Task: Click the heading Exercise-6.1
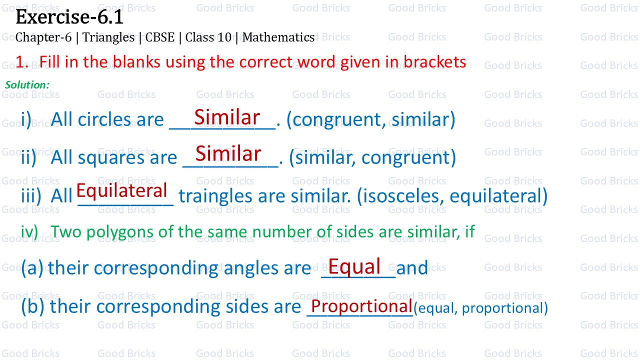point(69,17)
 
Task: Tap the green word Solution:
point(27,85)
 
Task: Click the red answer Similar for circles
point(227,117)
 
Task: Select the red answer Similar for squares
point(228,153)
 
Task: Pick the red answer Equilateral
point(122,190)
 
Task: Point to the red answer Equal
point(354,266)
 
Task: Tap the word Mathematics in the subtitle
point(278,37)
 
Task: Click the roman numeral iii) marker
point(31,196)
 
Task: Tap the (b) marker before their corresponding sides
point(32,306)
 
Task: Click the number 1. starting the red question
point(21,62)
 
